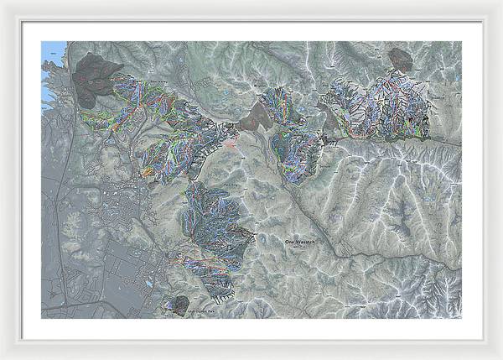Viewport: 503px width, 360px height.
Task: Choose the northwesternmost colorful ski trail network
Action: pos(126,105)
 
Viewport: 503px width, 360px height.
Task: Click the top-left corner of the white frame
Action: pos(3,3)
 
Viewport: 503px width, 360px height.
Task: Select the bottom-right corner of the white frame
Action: pos(500,357)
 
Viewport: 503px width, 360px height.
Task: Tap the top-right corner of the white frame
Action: pos(500,3)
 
